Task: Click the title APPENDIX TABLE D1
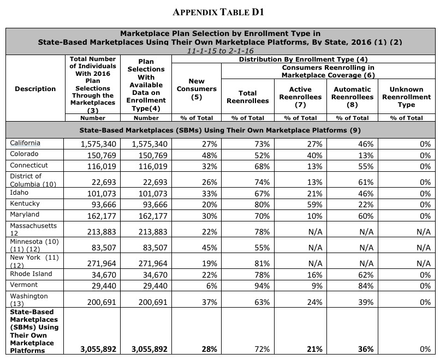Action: (219, 11)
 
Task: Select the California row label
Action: (25, 143)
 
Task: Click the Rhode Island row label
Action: (31, 274)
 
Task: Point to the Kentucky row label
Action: (24, 203)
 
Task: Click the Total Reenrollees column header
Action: (248, 97)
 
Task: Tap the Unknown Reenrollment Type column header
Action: (406, 97)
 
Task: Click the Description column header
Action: (34, 89)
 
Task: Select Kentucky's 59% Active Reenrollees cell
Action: (309, 204)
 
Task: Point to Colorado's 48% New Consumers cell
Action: (209, 155)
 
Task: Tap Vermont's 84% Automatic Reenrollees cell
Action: (366, 286)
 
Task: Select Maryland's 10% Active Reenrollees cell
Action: (309, 215)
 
